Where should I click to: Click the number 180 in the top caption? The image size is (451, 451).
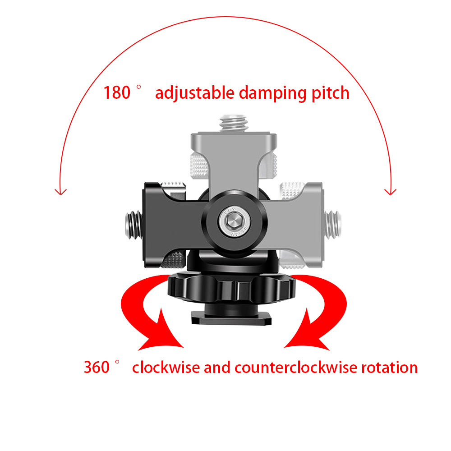[x=117, y=93]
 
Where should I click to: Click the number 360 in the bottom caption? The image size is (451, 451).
[x=97, y=367]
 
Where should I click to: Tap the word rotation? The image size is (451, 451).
[x=389, y=367]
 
